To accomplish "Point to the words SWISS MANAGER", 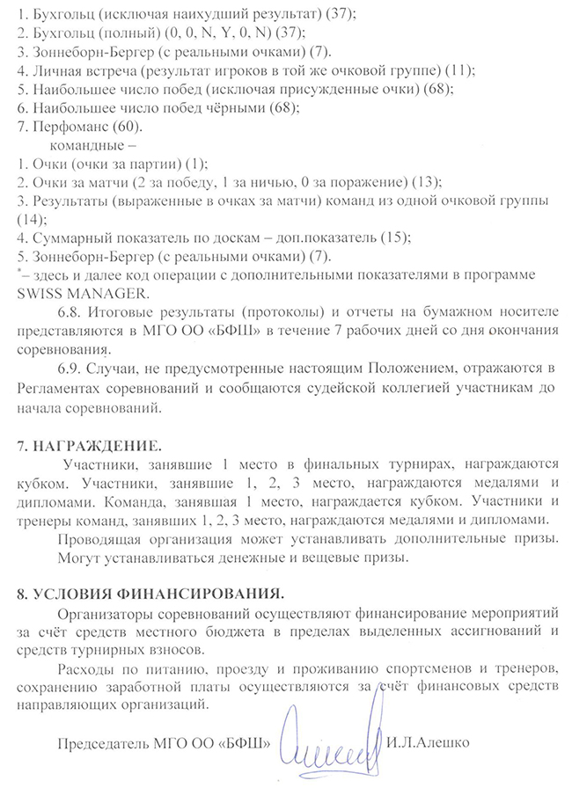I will click(x=84, y=292).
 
